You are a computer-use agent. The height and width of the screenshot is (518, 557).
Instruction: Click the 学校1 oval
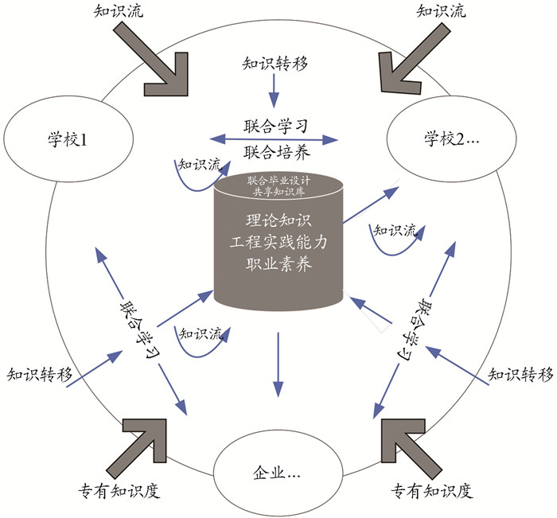(67, 142)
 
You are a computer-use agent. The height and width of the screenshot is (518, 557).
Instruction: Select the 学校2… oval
(442, 142)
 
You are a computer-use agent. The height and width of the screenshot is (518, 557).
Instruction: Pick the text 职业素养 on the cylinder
(278, 264)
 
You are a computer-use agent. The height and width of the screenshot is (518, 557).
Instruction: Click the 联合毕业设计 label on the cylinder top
(278, 181)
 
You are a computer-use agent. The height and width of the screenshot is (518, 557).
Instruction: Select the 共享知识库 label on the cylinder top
(278, 192)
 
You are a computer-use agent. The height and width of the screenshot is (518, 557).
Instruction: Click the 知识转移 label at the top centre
(274, 63)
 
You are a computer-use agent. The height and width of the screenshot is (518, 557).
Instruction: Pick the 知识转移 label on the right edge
(520, 373)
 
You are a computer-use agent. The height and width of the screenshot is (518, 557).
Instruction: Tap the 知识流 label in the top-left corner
(109, 11)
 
